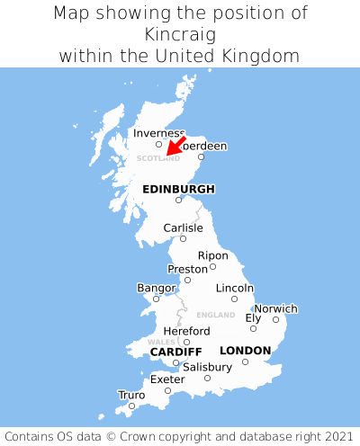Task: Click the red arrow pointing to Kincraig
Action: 175,147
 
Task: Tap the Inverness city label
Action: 158,133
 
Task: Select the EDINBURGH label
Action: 178,189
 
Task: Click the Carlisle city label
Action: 183,228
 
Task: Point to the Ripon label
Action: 212,255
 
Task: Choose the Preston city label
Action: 187,269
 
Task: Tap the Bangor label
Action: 156,288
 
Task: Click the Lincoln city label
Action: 235,288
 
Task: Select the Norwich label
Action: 275,308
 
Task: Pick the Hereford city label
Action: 186,331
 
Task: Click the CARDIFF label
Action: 175,351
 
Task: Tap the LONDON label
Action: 245,350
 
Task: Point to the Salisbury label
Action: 207,367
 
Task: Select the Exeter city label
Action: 166,379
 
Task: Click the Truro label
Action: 131,395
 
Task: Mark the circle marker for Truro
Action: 131,406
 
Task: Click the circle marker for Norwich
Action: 275,319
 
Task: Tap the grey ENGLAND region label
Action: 215,316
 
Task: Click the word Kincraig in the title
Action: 180,34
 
